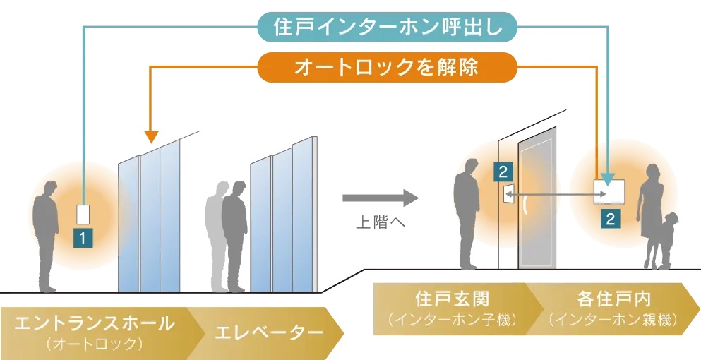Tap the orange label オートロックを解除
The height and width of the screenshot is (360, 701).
point(386,68)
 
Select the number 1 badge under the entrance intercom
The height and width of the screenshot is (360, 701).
point(83,238)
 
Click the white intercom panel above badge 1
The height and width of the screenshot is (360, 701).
point(83,214)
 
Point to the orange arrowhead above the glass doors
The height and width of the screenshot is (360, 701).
point(150,135)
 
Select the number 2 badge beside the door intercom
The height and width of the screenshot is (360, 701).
point(502,170)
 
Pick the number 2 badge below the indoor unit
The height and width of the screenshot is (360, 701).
point(610,219)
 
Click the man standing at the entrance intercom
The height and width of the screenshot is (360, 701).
point(47,233)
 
